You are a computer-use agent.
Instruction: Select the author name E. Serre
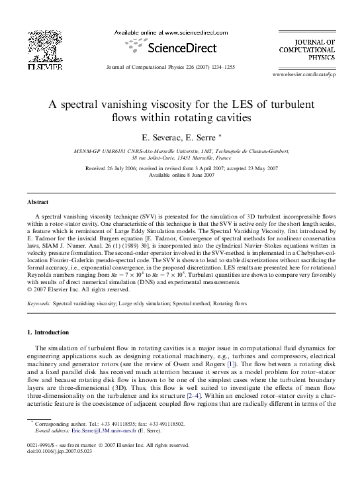click(198, 137)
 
